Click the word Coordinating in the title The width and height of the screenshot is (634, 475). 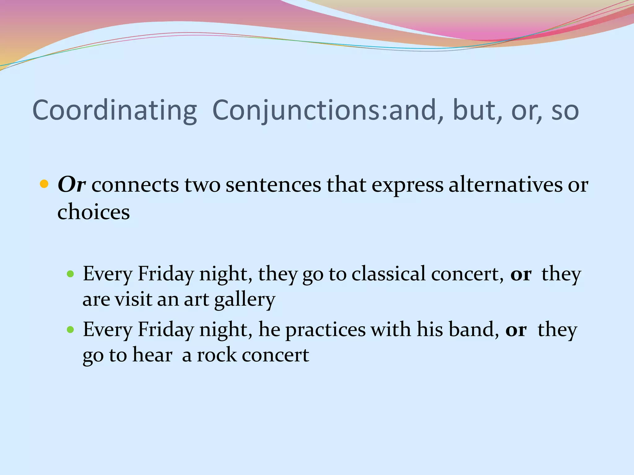coord(115,111)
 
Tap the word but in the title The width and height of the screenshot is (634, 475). coord(477,111)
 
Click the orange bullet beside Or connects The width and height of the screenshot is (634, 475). coord(44,184)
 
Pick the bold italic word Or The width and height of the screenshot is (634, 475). coord(72,185)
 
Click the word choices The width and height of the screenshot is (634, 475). coord(93,212)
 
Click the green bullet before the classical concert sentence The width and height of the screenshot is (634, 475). coord(71,274)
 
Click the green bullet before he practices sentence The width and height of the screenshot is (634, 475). coord(71,330)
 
